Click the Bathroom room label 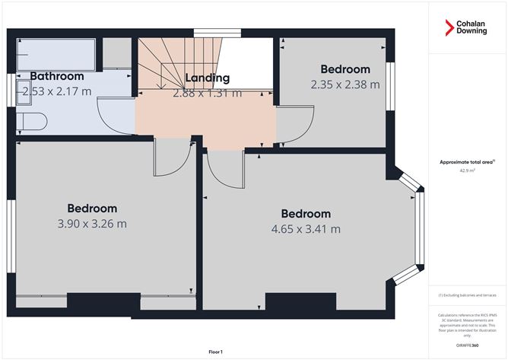[57, 76]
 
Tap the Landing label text [207, 78]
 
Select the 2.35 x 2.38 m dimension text [344, 85]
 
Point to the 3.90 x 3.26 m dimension [92, 224]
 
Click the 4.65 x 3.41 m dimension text [306, 229]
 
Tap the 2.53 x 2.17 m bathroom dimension [57, 91]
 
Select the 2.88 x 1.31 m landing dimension [207, 94]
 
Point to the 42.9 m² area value [467, 171]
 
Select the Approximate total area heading [466, 161]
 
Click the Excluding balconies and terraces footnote [467, 295]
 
